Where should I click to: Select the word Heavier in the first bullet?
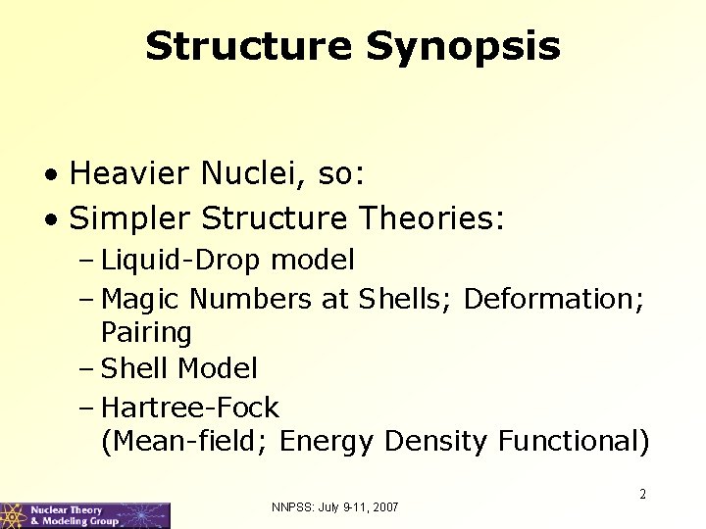[130, 174]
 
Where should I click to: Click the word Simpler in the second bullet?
[128, 217]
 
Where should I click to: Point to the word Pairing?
[146, 333]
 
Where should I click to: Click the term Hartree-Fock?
[190, 406]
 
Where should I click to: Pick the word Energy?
[327, 442]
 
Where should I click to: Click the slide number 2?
[642, 495]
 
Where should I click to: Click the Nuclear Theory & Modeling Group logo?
[85, 515]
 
